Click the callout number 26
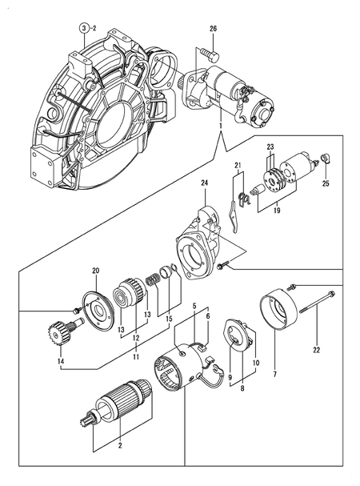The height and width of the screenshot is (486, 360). [x=213, y=30]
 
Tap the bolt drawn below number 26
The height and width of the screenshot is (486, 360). [x=211, y=54]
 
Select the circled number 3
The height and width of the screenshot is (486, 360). [x=82, y=29]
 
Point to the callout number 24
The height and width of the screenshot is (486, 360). [x=204, y=183]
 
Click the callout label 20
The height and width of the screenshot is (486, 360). [x=96, y=270]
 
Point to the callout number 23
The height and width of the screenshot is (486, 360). [x=270, y=147]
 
